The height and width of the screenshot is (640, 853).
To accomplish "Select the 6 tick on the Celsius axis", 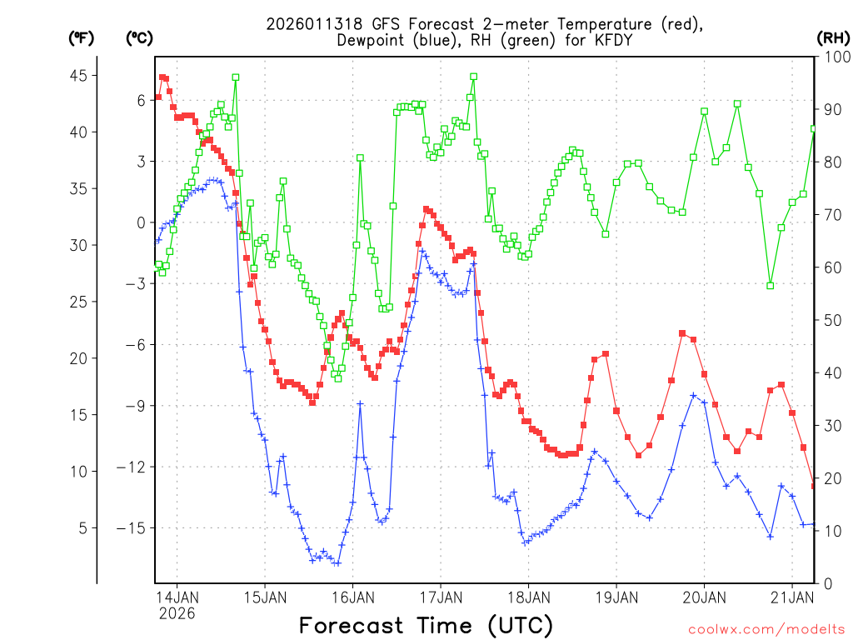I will pos(141,100).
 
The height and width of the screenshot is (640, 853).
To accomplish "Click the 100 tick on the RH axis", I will pos(833,57).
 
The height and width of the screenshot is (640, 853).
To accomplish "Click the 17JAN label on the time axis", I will pos(440,597).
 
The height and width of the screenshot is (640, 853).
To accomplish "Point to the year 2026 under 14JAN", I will pos(177,613).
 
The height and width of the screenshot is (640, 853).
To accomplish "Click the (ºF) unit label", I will pos(81,37).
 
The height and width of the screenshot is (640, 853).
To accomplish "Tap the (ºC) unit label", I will pos(139,37).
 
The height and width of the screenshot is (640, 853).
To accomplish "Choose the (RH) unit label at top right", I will pos(833,37).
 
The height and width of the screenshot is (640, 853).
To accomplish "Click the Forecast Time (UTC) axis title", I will pos(426,625).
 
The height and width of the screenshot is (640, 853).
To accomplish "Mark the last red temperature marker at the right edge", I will pos(814,486).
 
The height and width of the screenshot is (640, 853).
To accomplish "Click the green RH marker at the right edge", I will pos(814,128).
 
